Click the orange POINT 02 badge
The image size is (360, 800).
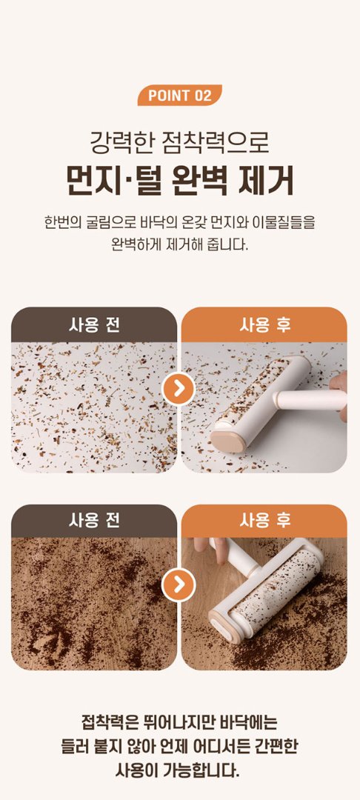tap(179, 96)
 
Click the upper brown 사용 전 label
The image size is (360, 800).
tap(94, 325)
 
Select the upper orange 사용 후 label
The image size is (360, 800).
tap(264, 325)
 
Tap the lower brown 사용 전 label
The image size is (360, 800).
tap(94, 521)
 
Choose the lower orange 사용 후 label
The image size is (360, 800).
tap(264, 521)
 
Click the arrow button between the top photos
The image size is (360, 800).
tap(179, 389)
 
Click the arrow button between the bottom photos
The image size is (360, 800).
tap(179, 584)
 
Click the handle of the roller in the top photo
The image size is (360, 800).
tap(310, 399)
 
